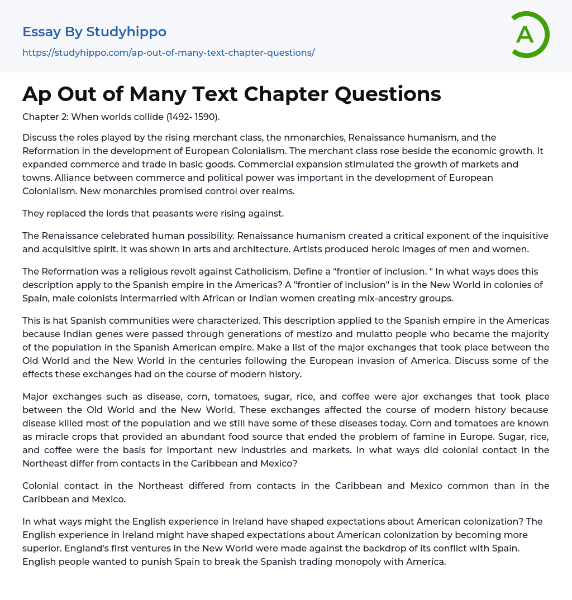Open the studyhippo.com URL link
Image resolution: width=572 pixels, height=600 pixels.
[x=168, y=52]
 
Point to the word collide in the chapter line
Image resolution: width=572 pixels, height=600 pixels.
[x=139, y=117]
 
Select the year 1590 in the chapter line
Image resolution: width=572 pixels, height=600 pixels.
[x=205, y=117]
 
